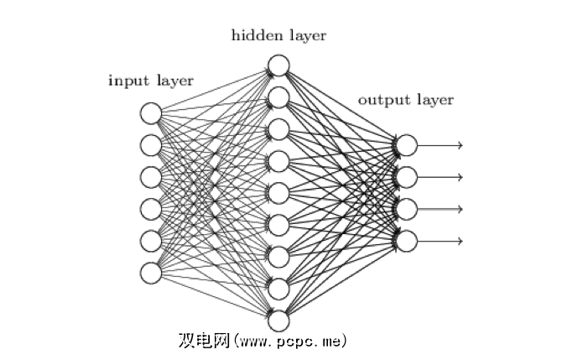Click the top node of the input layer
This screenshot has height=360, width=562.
(x=151, y=113)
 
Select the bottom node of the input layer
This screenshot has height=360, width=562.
(x=151, y=273)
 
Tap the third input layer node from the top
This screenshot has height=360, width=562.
(x=151, y=177)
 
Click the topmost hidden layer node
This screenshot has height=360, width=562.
(x=278, y=65)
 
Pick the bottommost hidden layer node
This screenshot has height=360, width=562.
(x=278, y=320)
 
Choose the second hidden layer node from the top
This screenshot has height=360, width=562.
(x=278, y=97)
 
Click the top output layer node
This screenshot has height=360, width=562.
(x=406, y=145)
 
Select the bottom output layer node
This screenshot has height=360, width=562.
(x=406, y=241)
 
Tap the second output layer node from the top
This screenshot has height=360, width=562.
(x=406, y=177)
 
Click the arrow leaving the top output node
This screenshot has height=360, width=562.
(x=440, y=145)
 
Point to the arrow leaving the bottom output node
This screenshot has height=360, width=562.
(x=440, y=241)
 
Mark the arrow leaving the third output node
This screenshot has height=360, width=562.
(x=440, y=209)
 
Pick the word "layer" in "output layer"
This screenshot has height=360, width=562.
(x=434, y=100)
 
